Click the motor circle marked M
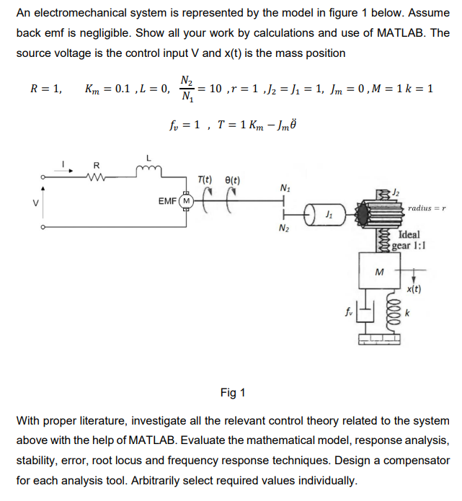[187, 201]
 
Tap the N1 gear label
[285, 187]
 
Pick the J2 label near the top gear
[396, 192]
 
